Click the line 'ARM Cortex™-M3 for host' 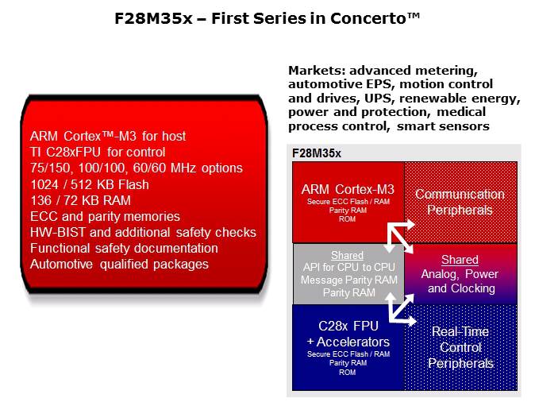coord(107,136)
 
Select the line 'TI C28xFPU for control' coord(97,152)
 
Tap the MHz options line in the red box coord(135,168)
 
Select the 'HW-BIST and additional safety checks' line coord(142,232)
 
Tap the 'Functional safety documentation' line coord(123,248)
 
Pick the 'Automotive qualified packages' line coord(118,264)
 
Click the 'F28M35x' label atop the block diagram coord(317,153)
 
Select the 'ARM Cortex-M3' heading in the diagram coord(348,189)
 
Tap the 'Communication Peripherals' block coord(460,202)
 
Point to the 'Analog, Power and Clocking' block coord(460,275)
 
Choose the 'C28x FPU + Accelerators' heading coord(348,334)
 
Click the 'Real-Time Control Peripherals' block coord(460,347)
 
